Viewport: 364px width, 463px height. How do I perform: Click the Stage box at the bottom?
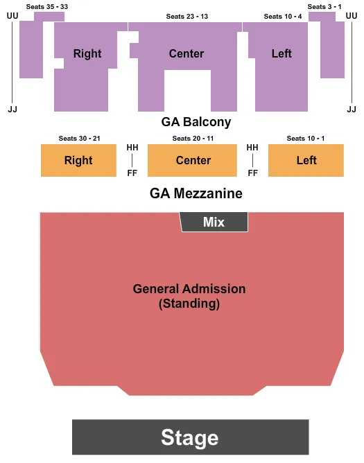(190, 437)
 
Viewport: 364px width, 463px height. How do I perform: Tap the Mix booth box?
(214, 222)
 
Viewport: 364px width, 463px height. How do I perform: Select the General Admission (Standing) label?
(189, 296)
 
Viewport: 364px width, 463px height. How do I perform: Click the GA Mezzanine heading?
(196, 193)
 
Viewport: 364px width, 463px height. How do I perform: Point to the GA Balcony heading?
(196, 122)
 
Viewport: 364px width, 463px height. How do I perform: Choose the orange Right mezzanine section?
(78, 160)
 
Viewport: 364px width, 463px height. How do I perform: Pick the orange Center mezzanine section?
(193, 160)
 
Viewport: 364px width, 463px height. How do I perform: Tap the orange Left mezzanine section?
(306, 160)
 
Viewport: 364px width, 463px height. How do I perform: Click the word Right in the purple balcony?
(87, 53)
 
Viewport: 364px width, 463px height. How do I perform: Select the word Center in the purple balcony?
(187, 53)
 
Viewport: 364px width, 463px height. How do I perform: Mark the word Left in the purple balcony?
(281, 53)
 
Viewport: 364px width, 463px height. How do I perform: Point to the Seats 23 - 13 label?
(187, 16)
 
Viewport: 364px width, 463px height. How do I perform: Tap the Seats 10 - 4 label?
(282, 16)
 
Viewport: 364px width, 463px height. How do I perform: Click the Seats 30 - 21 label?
(79, 139)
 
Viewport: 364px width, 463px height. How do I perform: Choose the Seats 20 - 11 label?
(193, 139)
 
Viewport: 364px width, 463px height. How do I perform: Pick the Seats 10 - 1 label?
(305, 139)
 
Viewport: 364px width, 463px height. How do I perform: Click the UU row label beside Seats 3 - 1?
(351, 16)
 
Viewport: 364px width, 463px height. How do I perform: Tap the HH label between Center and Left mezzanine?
(252, 148)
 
